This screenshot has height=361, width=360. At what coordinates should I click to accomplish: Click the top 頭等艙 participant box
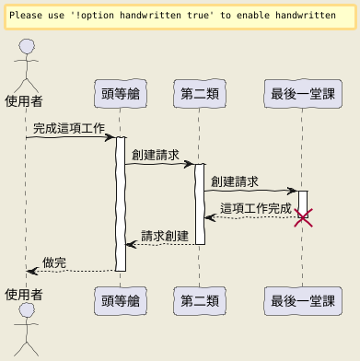(121, 94)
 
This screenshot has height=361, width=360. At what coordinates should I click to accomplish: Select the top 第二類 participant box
(200, 94)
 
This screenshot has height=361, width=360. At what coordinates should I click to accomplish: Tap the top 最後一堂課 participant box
(303, 94)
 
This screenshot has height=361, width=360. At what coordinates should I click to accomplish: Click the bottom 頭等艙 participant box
(121, 301)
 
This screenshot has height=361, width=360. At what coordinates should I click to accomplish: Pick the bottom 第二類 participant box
(200, 301)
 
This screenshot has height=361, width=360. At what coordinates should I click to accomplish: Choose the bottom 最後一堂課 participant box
(303, 301)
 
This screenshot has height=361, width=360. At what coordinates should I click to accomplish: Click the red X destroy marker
(303, 217)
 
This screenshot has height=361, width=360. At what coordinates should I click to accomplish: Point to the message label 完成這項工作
(69, 128)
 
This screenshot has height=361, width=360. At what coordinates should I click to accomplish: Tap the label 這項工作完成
(255, 209)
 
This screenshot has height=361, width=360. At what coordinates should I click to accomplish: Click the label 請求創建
(165, 236)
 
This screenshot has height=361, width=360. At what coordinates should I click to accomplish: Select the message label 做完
(54, 262)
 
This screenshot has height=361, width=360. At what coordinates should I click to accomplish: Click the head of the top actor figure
(27, 47)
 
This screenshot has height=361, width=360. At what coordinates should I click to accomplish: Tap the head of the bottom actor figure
(27, 310)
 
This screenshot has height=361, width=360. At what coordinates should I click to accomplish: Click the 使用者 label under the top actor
(24, 101)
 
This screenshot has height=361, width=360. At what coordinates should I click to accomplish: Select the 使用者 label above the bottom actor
(24, 295)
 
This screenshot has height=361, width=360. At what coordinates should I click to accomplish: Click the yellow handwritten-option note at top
(180, 17)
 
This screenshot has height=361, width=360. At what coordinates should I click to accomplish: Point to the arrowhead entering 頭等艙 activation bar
(110, 137)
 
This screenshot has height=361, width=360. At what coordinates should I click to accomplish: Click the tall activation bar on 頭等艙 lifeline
(121, 204)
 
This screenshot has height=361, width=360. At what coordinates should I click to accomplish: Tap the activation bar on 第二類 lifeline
(200, 204)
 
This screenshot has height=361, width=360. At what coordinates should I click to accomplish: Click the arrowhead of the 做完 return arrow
(32, 271)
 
